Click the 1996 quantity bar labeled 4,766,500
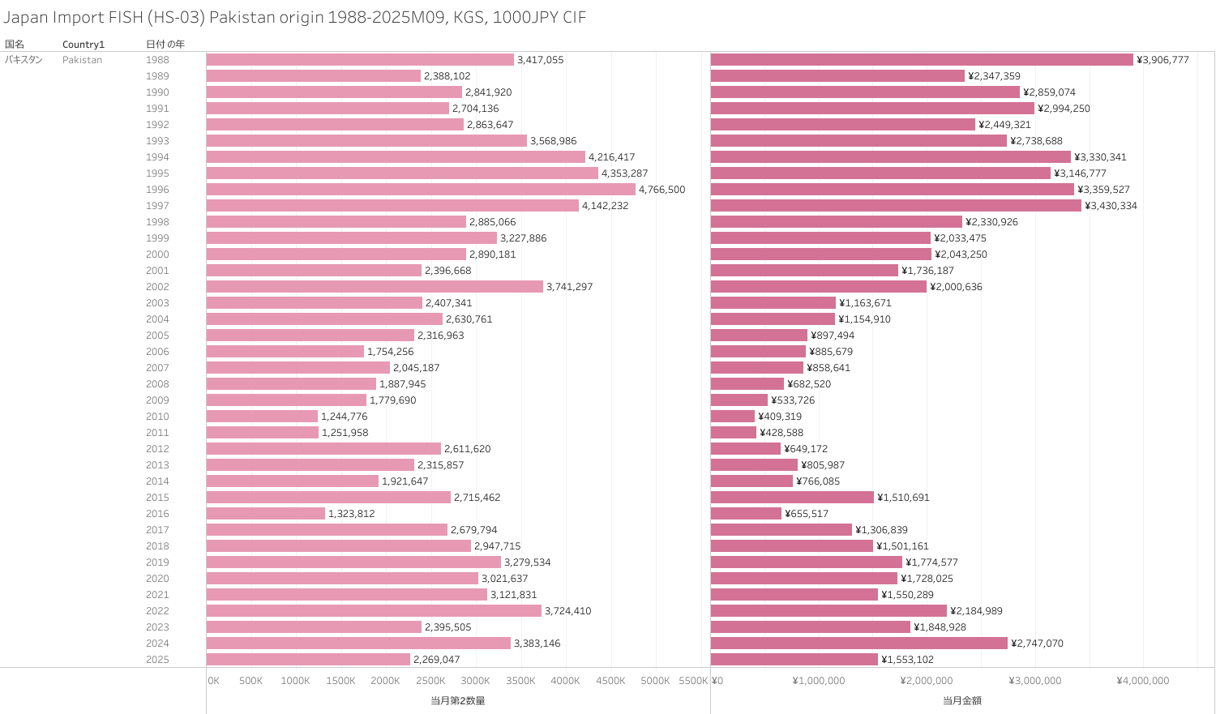click(421, 190)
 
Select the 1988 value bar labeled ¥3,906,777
click(922, 60)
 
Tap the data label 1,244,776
click(345, 417)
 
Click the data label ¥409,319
click(780, 417)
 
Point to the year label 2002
click(157, 287)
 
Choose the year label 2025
click(157, 660)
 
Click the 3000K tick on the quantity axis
click(475, 681)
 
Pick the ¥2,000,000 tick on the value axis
click(927, 681)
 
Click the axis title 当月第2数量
click(458, 700)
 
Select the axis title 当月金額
click(962, 700)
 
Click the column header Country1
click(83, 45)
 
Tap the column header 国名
click(15, 45)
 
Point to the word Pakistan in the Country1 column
click(82, 60)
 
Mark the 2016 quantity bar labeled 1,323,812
click(266, 514)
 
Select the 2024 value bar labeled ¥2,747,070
click(859, 643)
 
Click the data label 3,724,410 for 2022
click(568, 611)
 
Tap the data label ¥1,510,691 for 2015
click(903, 498)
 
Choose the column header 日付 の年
click(165, 45)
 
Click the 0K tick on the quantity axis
click(214, 681)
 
